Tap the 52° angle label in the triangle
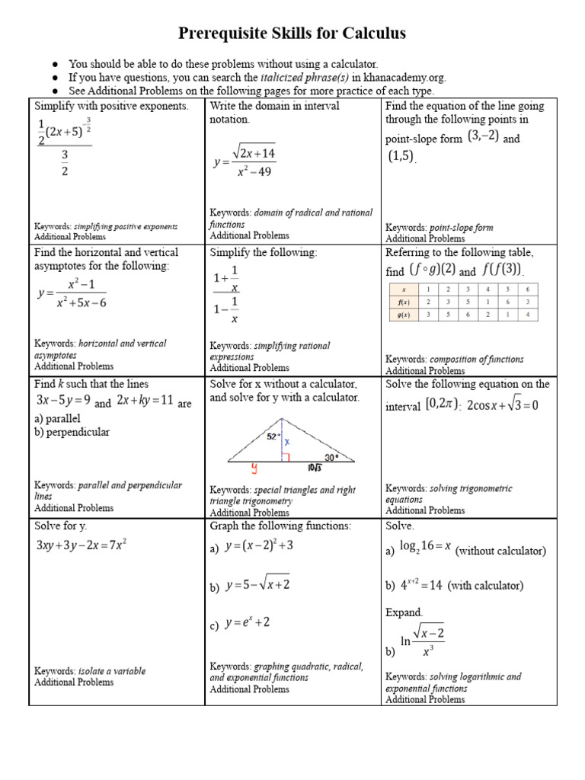(271, 436)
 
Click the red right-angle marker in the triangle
(286, 457)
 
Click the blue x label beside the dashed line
(287, 441)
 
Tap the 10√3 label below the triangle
(314, 468)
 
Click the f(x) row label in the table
(404, 302)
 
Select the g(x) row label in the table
(404, 314)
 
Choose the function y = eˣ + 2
(247, 623)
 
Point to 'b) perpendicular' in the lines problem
(72, 432)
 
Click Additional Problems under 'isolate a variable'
(74, 682)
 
